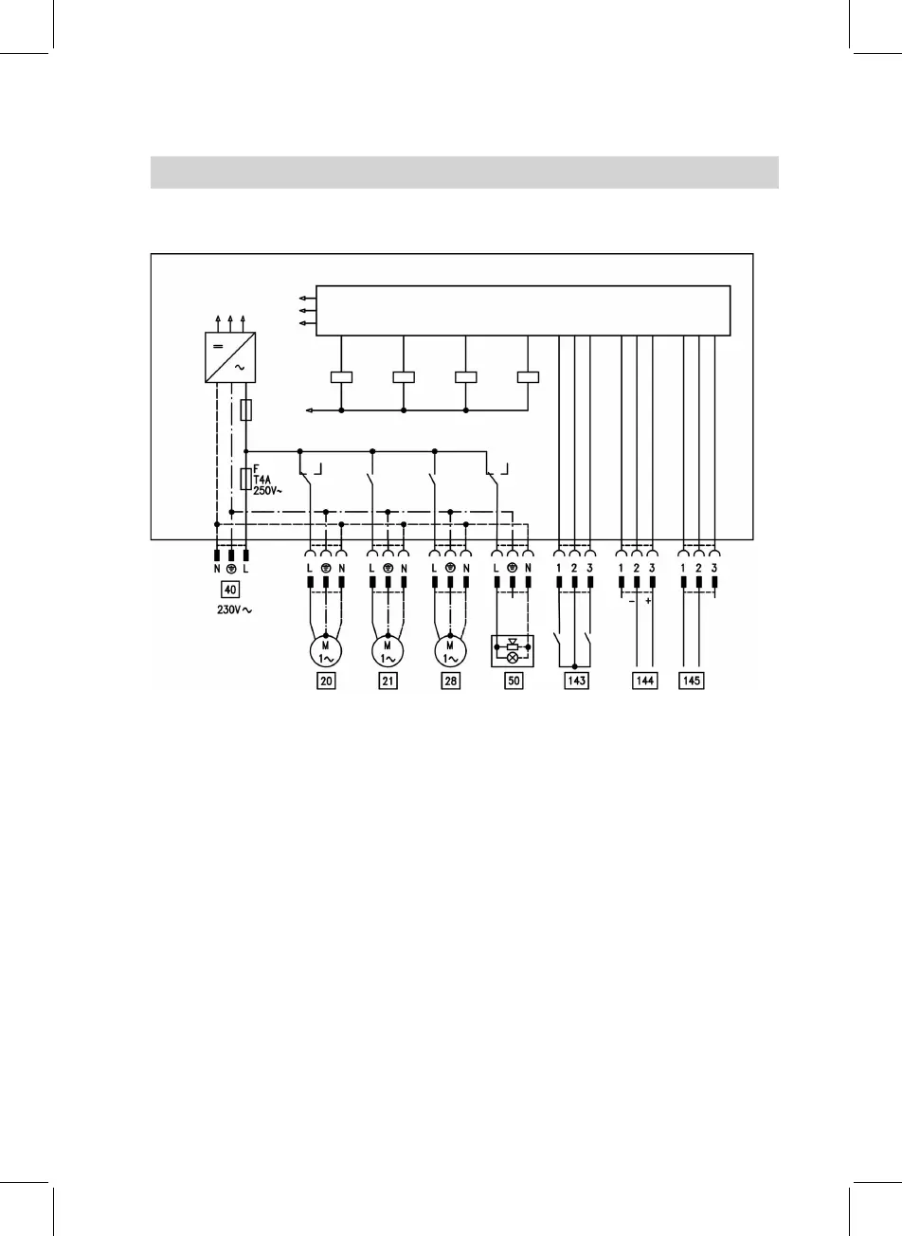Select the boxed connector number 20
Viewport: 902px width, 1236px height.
(325, 681)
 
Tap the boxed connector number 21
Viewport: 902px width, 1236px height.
(388, 681)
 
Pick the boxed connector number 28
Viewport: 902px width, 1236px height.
(450, 681)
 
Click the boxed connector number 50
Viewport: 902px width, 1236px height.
(514, 681)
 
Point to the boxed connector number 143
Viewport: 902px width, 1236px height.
(575, 681)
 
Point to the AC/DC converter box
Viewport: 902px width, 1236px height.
(231, 358)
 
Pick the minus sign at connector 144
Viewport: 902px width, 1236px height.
(630, 600)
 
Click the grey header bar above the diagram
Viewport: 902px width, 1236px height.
(464, 173)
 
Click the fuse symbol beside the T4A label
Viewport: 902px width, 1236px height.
(246, 479)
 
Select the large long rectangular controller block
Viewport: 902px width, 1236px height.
(523, 310)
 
